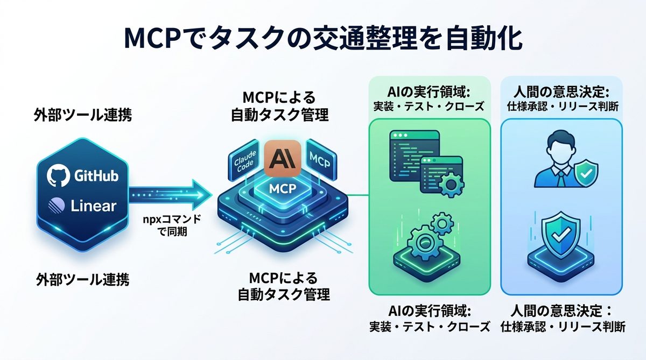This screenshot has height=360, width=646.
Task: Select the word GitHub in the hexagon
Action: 97,176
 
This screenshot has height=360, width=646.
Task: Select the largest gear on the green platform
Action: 423,242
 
